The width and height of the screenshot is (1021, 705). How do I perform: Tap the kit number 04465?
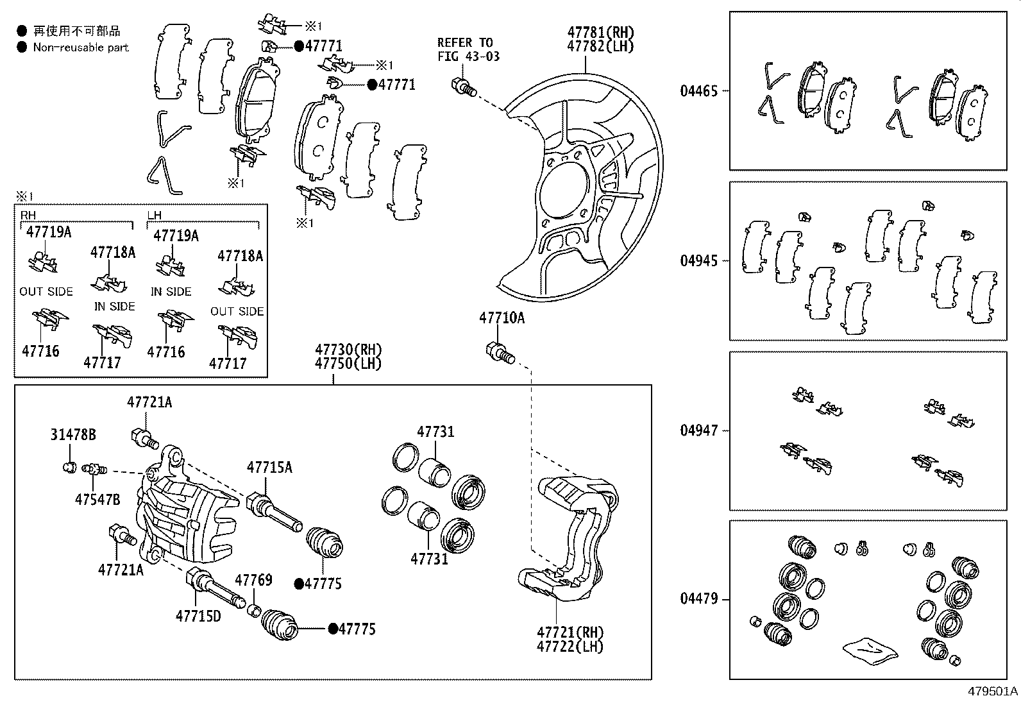click(x=699, y=91)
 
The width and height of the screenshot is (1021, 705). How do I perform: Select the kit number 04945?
click(x=699, y=261)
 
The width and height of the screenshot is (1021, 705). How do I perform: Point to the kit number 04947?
click(x=699, y=430)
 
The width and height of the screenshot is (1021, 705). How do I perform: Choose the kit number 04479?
click(x=699, y=599)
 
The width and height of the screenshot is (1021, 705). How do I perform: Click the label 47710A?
click(x=502, y=318)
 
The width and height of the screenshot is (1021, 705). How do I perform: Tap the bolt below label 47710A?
click(x=500, y=352)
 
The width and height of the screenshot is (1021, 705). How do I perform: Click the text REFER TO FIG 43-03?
click(x=468, y=49)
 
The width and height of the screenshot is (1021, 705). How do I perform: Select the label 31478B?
click(x=73, y=435)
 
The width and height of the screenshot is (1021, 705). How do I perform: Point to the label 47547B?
click(x=97, y=500)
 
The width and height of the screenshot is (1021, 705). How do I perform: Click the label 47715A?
click(x=269, y=467)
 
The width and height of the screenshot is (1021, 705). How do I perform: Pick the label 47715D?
click(x=198, y=616)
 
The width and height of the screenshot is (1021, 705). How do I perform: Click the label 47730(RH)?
click(x=348, y=350)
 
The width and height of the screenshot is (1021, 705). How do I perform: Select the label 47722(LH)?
click(x=570, y=647)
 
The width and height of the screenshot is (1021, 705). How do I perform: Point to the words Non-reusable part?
click(x=81, y=47)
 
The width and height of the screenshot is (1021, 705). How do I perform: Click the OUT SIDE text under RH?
click(x=46, y=291)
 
